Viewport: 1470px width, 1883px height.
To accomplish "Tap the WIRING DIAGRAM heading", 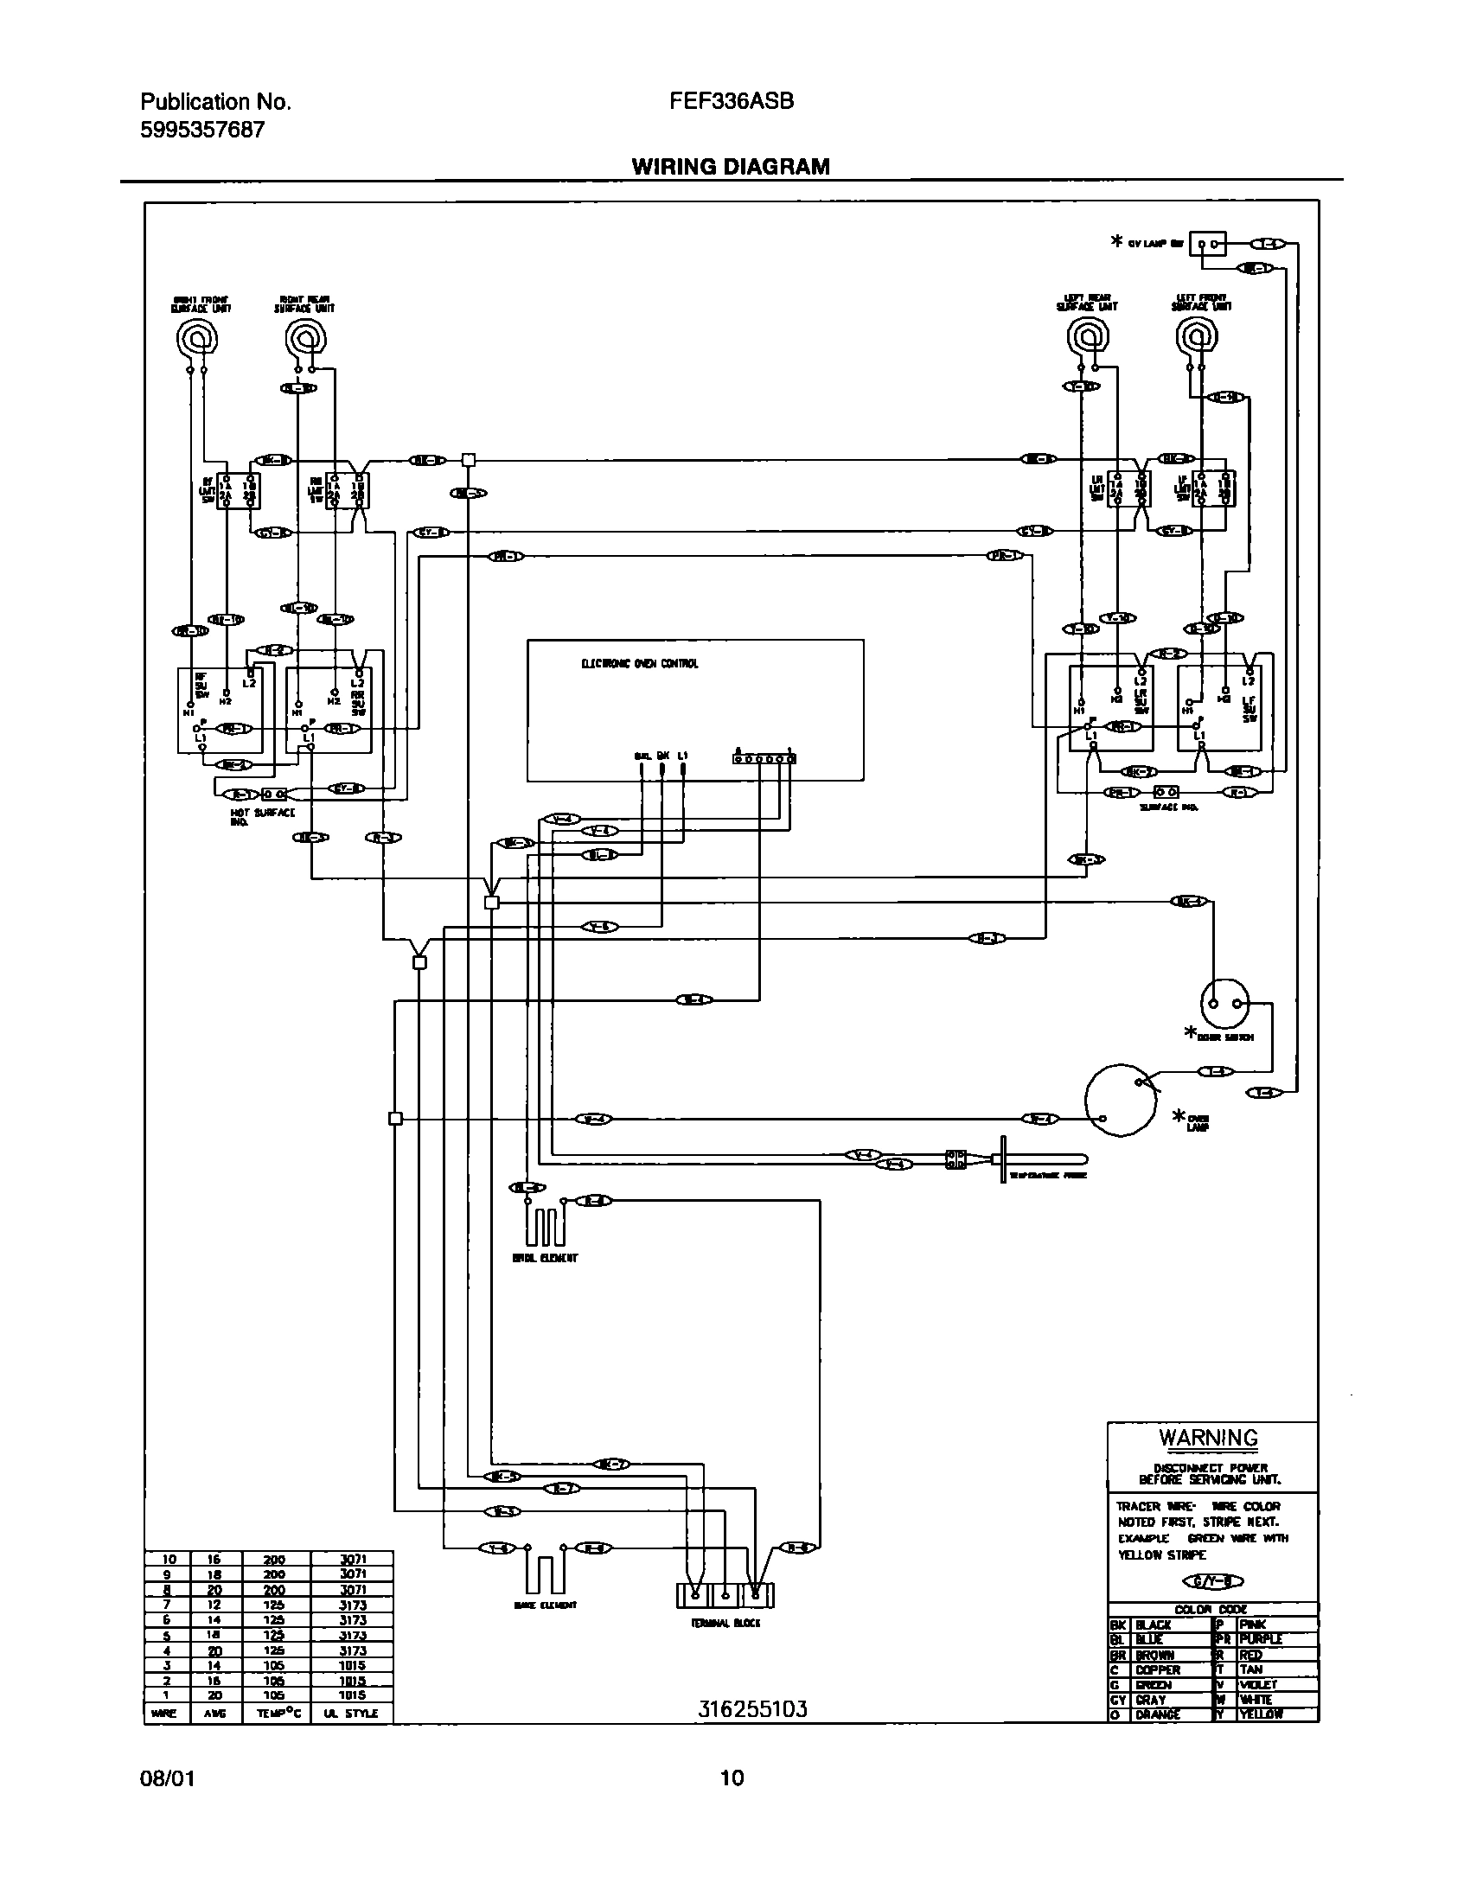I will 731,167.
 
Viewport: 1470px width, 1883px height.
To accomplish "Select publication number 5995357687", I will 202,130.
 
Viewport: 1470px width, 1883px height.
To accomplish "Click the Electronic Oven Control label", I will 639,664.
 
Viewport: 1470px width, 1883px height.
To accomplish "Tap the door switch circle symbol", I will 1224,1003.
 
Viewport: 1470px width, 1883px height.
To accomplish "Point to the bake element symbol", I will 545,1573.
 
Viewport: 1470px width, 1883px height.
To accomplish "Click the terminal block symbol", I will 725,1595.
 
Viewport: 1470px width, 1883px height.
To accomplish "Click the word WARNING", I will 1208,1438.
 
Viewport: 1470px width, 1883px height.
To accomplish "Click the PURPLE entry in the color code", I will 1260,1638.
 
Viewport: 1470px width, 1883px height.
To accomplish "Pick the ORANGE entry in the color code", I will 1157,1714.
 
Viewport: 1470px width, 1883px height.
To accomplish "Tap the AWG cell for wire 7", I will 214,1605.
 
